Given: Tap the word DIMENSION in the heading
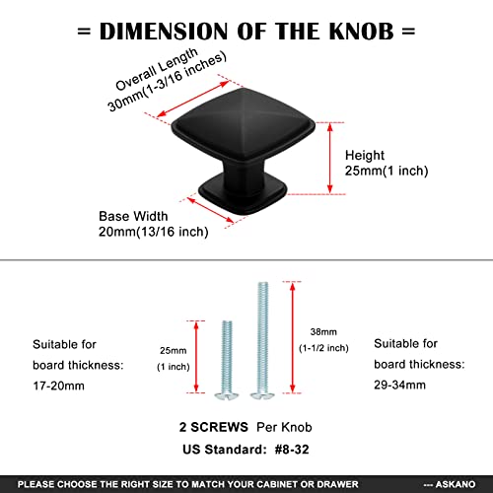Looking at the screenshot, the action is (x=164, y=32).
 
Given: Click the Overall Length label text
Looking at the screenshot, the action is (x=157, y=69).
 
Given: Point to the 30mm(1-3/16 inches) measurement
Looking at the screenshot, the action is (x=168, y=82).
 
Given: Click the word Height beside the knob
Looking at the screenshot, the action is (x=365, y=156).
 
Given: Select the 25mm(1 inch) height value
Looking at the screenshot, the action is (x=387, y=171).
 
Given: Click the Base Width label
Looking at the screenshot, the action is (x=133, y=216).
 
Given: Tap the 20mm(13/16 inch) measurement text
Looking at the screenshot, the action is (x=154, y=232).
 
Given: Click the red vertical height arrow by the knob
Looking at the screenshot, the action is (x=330, y=158).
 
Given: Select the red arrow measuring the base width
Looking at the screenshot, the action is (x=210, y=210).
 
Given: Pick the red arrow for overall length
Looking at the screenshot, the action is (x=192, y=99).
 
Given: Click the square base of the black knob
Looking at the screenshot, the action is (x=243, y=195).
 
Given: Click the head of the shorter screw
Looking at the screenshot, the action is (x=227, y=396).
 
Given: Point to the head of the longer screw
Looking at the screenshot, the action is (x=262, y=395).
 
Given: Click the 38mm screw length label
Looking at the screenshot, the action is (x=323, y=332).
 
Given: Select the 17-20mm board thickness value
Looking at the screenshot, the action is (x=58, y=386).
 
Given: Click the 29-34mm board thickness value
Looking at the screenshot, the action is (x=399, y=385).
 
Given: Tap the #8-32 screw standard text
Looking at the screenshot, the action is (x=292, y=450).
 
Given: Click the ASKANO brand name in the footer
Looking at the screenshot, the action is (x=456, y=484).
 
